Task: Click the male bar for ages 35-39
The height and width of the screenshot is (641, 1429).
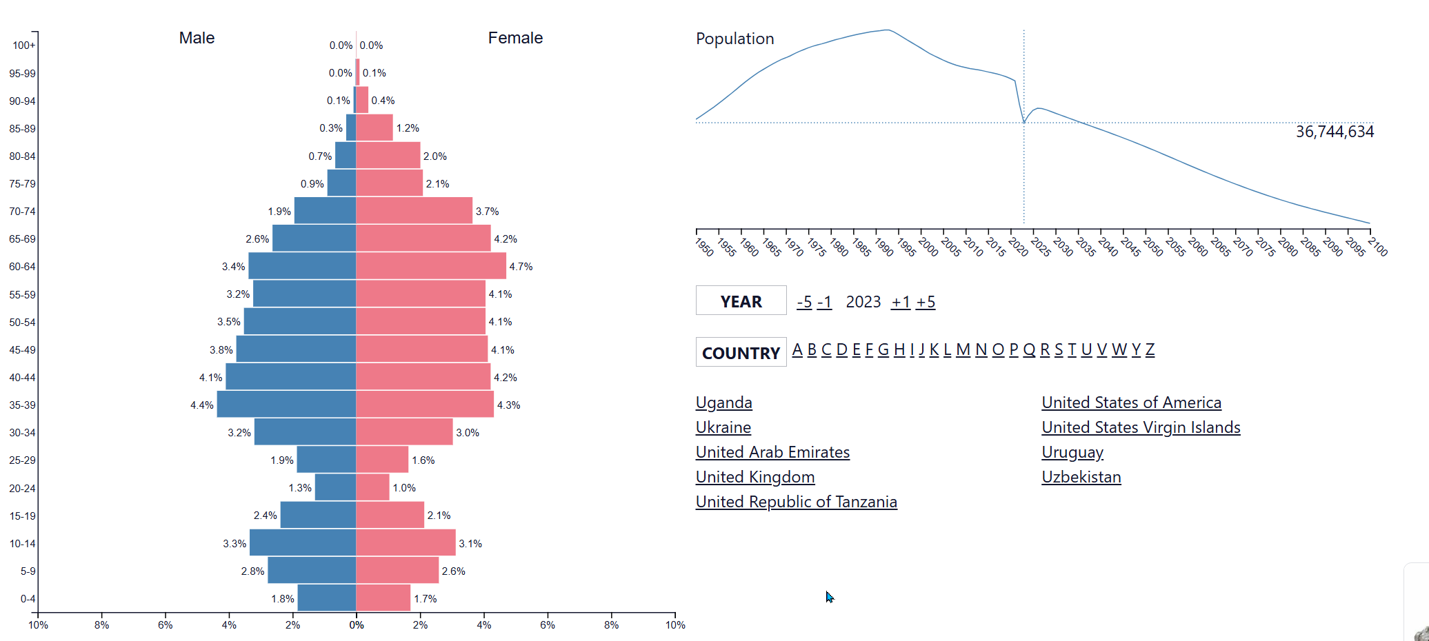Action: pyautogui.click(x=286, y=404)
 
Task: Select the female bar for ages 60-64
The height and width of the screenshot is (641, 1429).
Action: pyautogui.click(x=431, y=266)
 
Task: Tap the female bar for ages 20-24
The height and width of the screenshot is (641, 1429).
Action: pyautogui.click(x=372, y=487)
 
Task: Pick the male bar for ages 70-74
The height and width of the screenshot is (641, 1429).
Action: pyautogui.click(x=325, y=210)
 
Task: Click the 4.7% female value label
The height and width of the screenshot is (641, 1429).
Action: pyautogui.click(x=521, y=267)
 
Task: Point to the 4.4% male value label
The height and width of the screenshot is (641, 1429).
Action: pyautogui.click(x=202, y=405)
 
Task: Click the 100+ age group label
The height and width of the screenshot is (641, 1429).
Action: pyautogui.click(x=23, y=45)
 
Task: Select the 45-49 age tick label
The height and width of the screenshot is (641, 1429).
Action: pyautogui.click(x=22, y=350)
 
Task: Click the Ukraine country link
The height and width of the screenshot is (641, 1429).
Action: pyautogui.click(x=723, y=427)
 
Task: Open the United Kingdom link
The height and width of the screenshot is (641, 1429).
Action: pyautogui.click(x=755, y=477)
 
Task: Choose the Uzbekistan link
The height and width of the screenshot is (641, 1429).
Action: pyautogui.click(x=1081, y=477)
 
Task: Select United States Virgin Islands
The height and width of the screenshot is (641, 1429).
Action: pyautogui.click(x=1141, y=427)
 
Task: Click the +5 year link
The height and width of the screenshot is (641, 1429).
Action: pyautogui.click(x=926, y=302)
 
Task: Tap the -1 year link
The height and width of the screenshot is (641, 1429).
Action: pyautogui.click(x=825, y=302)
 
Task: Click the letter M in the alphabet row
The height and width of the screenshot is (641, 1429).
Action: pyautogui.click(x=963, y=350)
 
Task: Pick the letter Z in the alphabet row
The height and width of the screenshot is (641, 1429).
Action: pyautogui.click(x=1150, y=350)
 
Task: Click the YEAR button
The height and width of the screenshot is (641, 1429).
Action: pyautogui.click(x=741, y=301)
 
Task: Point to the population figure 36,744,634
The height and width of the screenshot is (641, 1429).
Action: pyautogui.click(x=1335, y=132)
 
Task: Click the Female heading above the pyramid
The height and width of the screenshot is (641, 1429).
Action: pyautogui.click(x=515, y=38)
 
